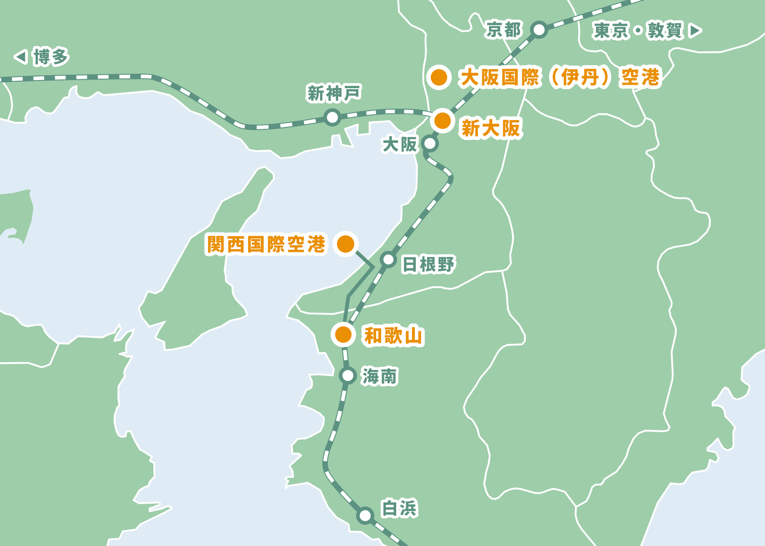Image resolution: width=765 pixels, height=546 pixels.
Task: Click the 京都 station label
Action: coord(503,30)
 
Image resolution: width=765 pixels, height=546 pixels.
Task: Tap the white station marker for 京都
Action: coord(539,30)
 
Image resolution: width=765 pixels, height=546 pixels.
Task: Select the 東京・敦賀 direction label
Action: coord(637,31)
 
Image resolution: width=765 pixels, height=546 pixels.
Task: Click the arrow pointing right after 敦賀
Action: coord(695,31)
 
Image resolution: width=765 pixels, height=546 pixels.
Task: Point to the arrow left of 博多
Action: coord(20,57)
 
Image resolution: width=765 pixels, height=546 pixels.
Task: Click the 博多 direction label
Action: coord(51,57)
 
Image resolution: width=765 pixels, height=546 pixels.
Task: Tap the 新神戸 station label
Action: coord(334,93)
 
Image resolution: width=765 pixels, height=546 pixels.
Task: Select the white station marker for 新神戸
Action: coord(332,118)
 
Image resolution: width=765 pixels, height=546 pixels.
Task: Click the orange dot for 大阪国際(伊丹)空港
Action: coord(439,77)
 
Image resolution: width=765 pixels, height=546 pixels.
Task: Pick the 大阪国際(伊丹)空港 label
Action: coord(560,77)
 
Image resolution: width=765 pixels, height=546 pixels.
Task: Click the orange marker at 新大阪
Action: coord(442,121)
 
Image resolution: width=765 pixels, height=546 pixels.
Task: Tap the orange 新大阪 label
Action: coord(490,128)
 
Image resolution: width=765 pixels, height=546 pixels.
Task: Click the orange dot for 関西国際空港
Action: coord(346,244)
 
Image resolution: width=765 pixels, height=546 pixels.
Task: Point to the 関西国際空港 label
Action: coord(266,244)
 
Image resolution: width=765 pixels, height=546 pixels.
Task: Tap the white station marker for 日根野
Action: coord(388,259)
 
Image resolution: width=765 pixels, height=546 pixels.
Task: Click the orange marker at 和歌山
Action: coord(343,335)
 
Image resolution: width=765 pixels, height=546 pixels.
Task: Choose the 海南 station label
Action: coord(379,376)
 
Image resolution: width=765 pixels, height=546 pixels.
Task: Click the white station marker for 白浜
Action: coord(365,516)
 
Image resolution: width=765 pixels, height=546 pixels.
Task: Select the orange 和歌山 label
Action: coord(393,336)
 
